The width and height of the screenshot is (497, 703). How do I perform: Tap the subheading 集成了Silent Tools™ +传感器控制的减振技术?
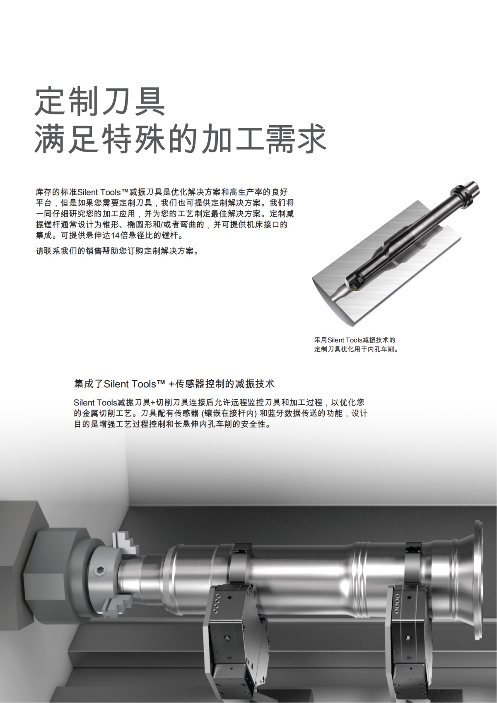[174, 383]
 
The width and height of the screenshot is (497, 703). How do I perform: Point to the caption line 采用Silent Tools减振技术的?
[355, 340]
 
